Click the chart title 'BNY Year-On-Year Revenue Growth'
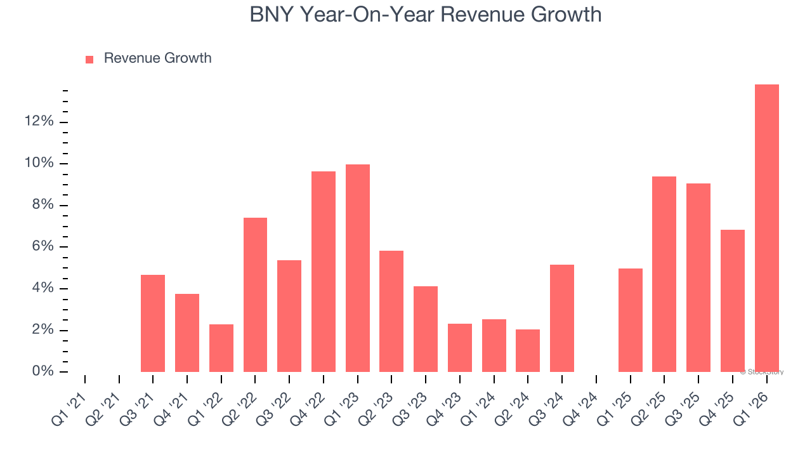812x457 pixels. pyautogui.click(x=425, y=14)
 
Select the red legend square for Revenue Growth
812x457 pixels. pyautogui.click(x=89, y=59)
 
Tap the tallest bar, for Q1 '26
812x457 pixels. pyautogui.click(x=766, y=228)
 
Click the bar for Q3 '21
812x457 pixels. pyautogui.click(x=153, y=324)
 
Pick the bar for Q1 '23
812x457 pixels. pyautogui.click(x=358, y=268)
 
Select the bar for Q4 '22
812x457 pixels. pyautogui.click(x=324, y=272)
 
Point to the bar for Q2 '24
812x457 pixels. pyautogui.click(x=528, y=350)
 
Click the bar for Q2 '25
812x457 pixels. pyautogui.click(x=664, y=274)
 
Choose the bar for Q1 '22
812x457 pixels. pyautogui.click(x=221, y=348)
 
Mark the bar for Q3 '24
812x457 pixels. pyautogui.click(x=562, y=318)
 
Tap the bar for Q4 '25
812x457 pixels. pyautogui.click(x=733, y=301)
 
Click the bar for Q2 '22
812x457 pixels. pyautogui.click(x=255, y=295)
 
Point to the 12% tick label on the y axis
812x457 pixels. pyautogui.click(x=39, y=121)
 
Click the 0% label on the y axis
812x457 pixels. pyautogui.click(x=43, y=371)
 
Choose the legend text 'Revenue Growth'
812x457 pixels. pyautogui.click(x=157, y=58)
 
